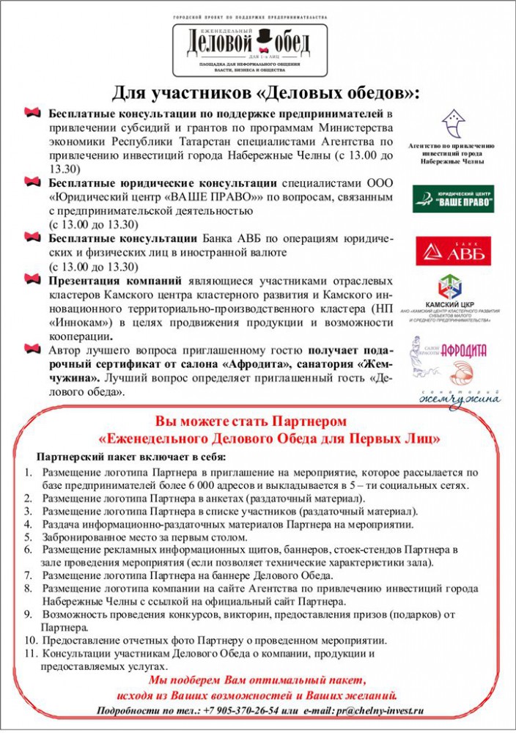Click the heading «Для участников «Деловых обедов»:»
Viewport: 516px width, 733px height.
pyautogui.click(x=266, y=93)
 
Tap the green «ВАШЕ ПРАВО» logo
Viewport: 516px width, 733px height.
pyautogui.click(x=452, y=198)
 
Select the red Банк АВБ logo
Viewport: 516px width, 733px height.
pyautogui.click(x=453, y=251)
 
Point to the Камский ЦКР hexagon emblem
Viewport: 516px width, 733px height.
pyautogui.click(x=449, y=287)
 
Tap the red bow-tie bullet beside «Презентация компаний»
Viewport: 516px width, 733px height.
pyautogui.click(x=32, y=279)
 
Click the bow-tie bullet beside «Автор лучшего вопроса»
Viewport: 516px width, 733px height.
pyautogui.click(x=32, y=347)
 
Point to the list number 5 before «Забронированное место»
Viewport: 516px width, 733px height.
pyautogui.click(x=28, y=537)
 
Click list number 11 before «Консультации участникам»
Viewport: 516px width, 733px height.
pyautogui.click(x=29, y=653)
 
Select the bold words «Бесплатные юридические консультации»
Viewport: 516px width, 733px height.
pyautogui.click(x=162, y=183)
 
